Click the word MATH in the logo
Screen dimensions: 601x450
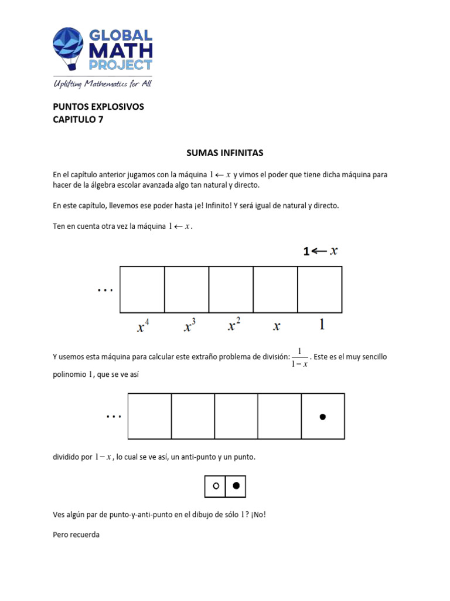(120, 50)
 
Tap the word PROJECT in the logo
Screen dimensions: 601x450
(120, 65)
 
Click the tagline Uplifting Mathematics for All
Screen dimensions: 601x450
(102, 84)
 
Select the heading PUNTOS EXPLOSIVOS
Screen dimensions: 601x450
(98, 107)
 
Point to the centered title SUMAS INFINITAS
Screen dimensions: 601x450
(224, 153)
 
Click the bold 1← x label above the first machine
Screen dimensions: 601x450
(321, 251)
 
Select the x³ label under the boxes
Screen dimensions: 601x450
(187, 326)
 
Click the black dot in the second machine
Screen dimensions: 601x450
(322, 417)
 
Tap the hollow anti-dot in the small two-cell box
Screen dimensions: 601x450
(215, 486)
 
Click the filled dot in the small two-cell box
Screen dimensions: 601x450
(236, 486)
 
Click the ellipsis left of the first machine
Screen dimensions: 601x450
(105, 289)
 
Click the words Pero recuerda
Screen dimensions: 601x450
(76, 535)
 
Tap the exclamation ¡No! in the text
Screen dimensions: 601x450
(263, 515)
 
